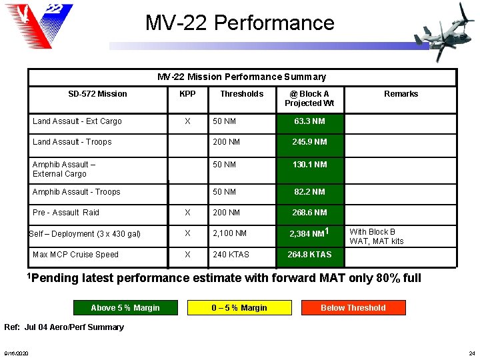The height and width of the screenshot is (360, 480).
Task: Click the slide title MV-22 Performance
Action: click(x=239, y=23)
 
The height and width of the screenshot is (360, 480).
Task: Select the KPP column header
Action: click(x=187, y=94)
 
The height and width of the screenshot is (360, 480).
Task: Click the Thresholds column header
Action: click(x=241, y=94)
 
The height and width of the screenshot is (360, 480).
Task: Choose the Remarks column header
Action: click(x=401, y=94)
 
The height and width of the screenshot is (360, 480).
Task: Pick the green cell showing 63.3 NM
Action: click(x=309, y=121)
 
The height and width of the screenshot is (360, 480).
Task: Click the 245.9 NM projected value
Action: click(x=309, y=142)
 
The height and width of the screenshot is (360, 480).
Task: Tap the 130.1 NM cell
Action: click(x=309, y=165)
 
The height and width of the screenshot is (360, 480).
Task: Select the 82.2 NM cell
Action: click(x=309, y=192)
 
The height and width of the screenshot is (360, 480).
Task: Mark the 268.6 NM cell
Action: click(x=309, y=213)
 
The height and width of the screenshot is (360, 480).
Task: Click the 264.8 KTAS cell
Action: click(x=309, y=255)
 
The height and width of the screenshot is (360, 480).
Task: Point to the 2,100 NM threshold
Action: click(x=229, y=233)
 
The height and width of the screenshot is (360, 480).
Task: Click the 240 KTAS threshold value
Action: click(x=231, y=255)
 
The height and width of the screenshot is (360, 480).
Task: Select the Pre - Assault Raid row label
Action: click(x=66, y=213)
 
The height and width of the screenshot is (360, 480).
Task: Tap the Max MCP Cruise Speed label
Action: click(x=75, y=255)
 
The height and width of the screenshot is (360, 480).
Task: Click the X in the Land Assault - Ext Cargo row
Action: click(x=187, y=121)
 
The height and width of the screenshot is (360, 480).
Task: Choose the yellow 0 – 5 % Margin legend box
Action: click(x=239, y=308)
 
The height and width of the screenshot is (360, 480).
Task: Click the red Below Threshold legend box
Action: click(x=353, y=308)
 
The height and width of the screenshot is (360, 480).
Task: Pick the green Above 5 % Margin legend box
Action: click(x=125, y=308)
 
